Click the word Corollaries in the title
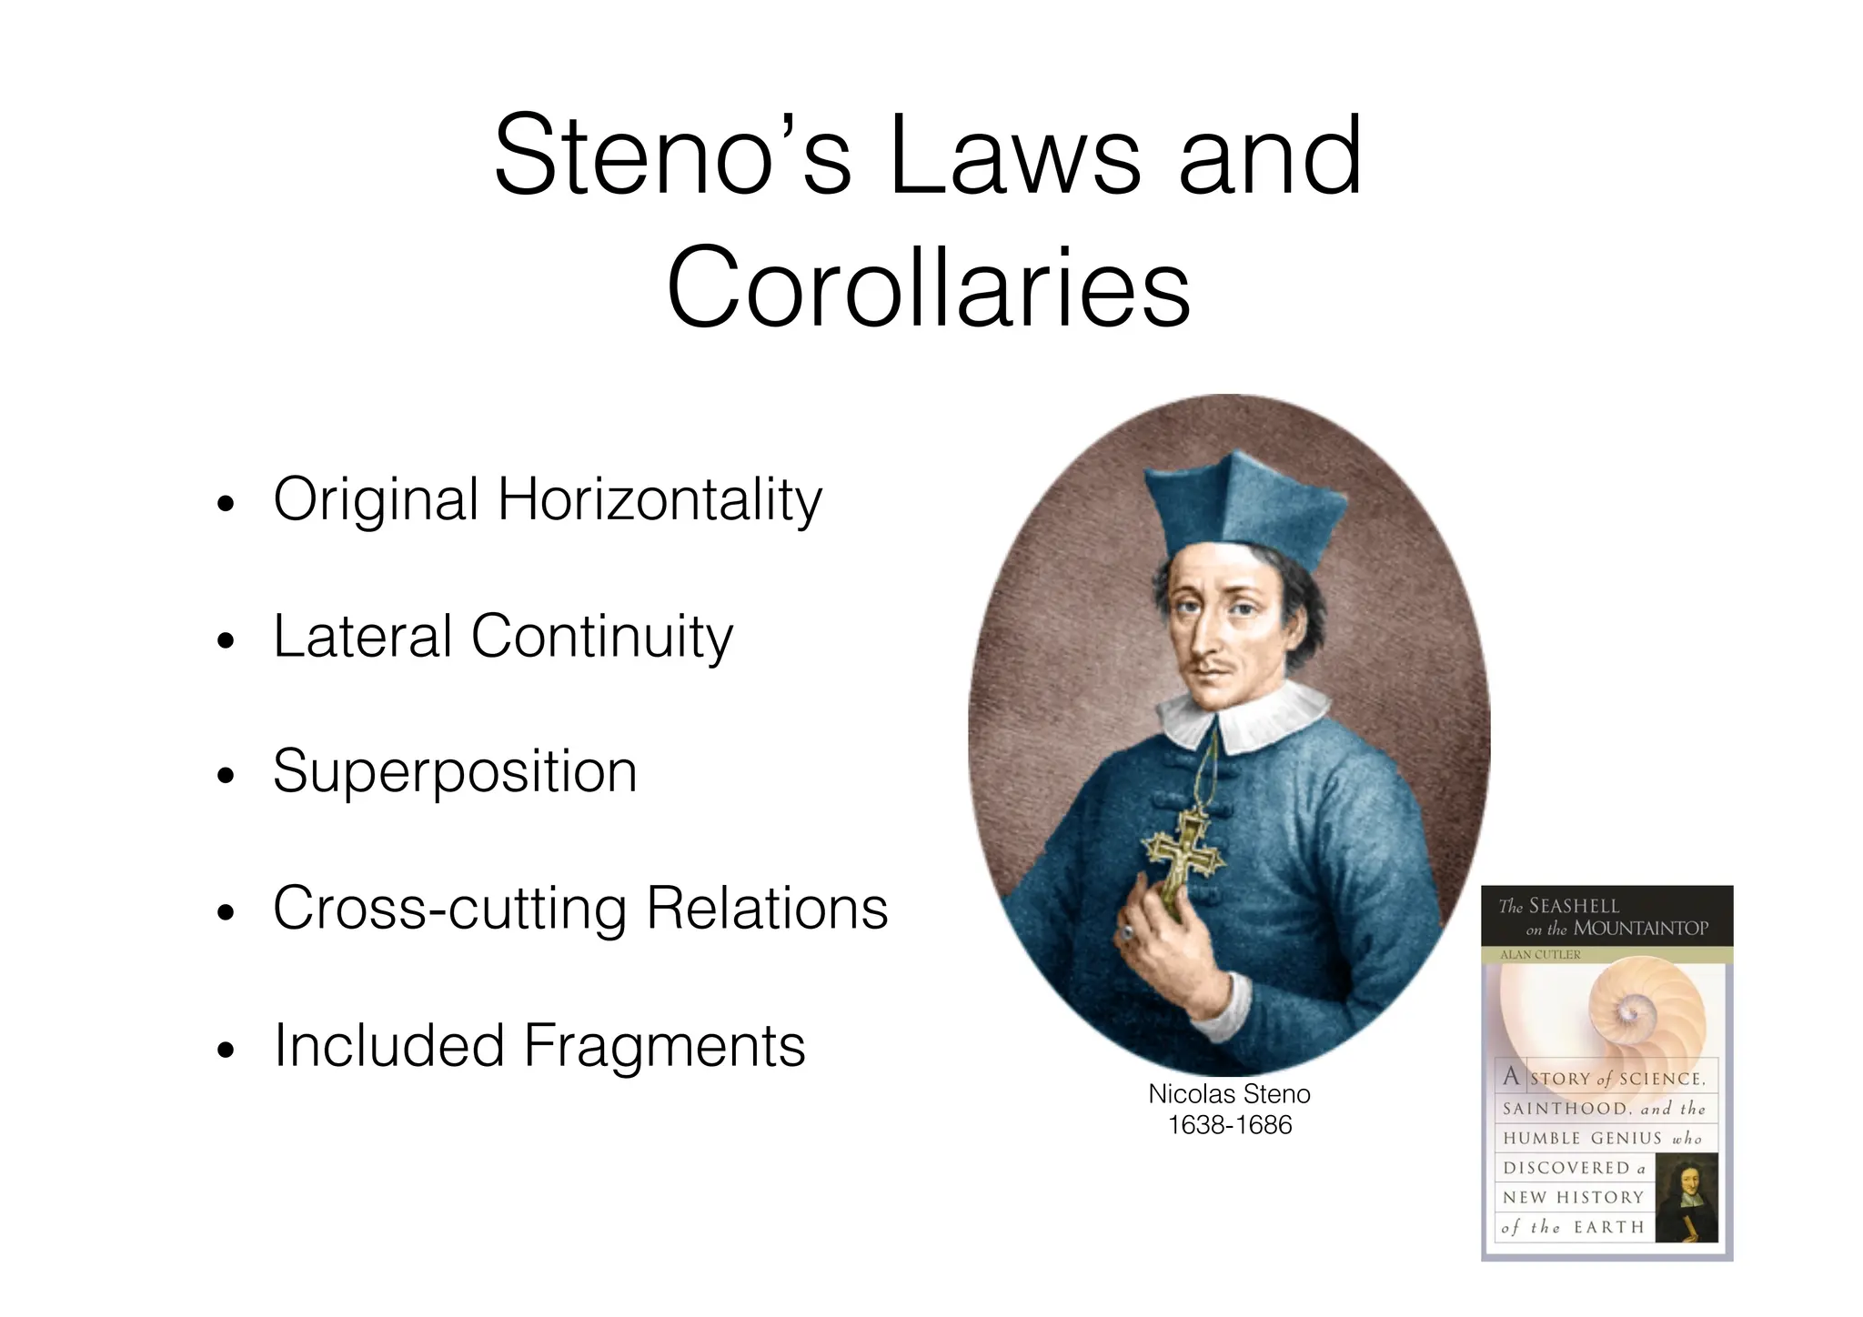tap(928, 287)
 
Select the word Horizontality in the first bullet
tap(660, 500)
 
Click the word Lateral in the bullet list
tap(362, 636)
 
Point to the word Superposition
tap(455, 772)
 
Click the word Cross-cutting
tap(450, 909)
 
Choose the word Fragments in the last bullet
tap(664, 1046)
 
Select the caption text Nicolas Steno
tap(1229, 1094)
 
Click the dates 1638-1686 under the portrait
tap(1229, 1126)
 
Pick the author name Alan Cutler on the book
tap(1540, 955)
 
